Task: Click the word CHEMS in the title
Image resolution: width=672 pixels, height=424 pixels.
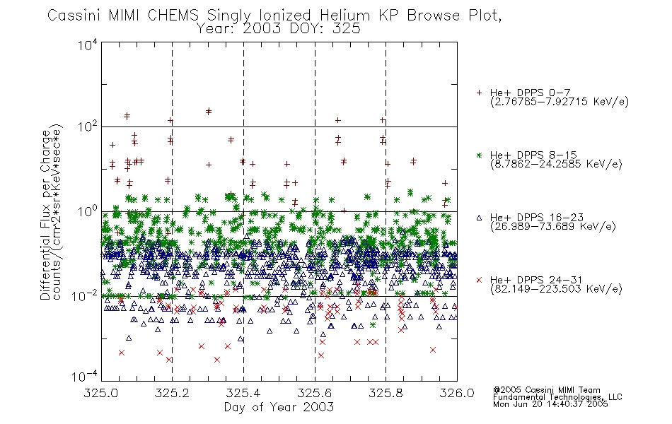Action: [173, 16]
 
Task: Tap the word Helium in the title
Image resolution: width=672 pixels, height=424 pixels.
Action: [344, 16]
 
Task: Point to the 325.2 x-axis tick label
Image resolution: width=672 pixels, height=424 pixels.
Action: [173, 393]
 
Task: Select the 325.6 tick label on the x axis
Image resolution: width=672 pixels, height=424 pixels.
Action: [315, 393]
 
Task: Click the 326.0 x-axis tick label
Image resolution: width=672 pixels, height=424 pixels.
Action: [457, 393]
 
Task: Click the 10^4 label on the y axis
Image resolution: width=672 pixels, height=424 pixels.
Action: [88, 45]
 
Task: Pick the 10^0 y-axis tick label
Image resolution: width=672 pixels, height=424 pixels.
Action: [88, 211]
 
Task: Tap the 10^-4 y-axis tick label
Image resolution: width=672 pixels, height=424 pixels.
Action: [85, 376]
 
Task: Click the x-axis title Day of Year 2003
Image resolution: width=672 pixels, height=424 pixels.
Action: [279, 407]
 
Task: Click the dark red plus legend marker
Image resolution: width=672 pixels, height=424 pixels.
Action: [479, 93]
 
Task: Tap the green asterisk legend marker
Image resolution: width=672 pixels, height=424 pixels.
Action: [479, 155]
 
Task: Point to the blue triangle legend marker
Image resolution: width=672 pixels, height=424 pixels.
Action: [479, 218]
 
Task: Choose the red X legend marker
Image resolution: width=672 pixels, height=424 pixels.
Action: [479, 280]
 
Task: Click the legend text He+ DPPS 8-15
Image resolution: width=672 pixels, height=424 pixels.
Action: [533, 155]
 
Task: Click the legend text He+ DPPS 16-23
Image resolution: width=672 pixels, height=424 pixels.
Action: [537, 217]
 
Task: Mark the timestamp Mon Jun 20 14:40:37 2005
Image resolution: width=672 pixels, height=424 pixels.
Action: [550, 404]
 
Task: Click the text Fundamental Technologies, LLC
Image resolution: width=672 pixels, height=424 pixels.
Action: [557, 397]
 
